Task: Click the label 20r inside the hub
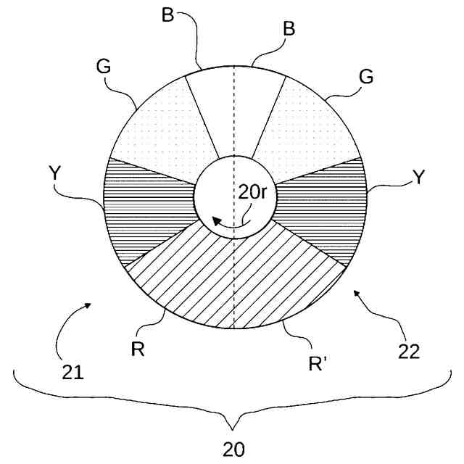254,194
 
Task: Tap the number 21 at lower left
73,374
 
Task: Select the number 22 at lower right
409,352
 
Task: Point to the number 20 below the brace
233,449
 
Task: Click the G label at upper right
367,76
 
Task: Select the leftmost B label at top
167,14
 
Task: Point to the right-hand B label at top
289,30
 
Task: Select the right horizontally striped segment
319,207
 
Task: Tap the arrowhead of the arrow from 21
89,305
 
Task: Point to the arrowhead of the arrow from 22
355,291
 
